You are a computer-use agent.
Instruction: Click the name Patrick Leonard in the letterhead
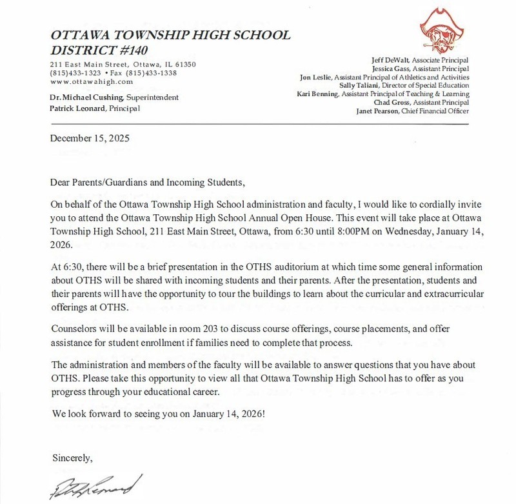tap(79, 108)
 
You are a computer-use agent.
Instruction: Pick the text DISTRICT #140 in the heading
tap(95, 50)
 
